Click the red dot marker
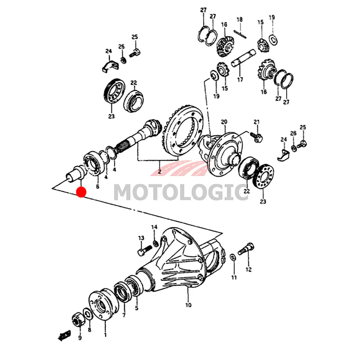click(x=81, y=192)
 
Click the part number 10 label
click(x=188, y=305)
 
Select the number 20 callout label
click(x=224, y=121)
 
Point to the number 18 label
click(x=239, y=19)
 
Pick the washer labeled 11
click(x=232, y=257)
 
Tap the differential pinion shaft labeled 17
click(x=243, y=58)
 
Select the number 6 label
click(x=98, y=186)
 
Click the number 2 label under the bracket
click(x=160, y=171)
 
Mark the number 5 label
click(x=137, y=308)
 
